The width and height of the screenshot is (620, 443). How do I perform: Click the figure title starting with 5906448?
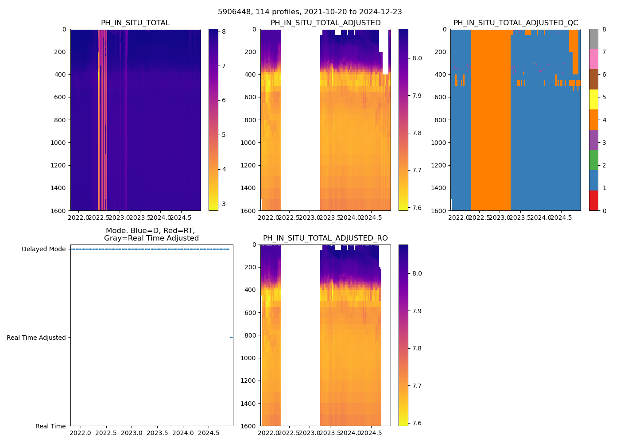point(310,12)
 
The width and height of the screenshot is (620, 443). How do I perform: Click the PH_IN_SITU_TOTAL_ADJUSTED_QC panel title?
point(515,23)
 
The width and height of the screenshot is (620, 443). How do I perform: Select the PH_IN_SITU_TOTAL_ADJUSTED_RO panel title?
point(325,238)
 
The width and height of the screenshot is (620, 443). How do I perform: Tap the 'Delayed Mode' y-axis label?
point(43,249)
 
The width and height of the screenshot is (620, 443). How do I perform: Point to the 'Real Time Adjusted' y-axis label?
point(36,338)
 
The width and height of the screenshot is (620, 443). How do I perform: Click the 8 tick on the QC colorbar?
point(604,29)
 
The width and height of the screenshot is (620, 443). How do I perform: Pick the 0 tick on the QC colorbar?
point(604,211)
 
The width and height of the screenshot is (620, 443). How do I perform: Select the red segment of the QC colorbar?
point(593,201)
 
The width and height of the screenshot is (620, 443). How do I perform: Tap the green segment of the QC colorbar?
point(593,160)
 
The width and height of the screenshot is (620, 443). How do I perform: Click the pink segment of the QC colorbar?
point(593,59)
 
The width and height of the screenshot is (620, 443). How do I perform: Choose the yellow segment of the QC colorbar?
point(593,100)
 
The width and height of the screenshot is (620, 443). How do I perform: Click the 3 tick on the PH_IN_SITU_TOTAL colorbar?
point(224,204)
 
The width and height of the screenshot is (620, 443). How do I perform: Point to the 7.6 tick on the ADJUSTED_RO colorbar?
point(416,423)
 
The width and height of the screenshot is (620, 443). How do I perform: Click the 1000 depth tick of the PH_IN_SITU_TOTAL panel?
point(59,143)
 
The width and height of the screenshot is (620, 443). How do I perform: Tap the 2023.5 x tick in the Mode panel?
point(157,433)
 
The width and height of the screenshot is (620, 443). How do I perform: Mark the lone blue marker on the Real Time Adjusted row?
point(231,338)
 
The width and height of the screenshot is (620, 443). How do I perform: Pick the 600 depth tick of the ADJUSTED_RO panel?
point(251,313)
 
